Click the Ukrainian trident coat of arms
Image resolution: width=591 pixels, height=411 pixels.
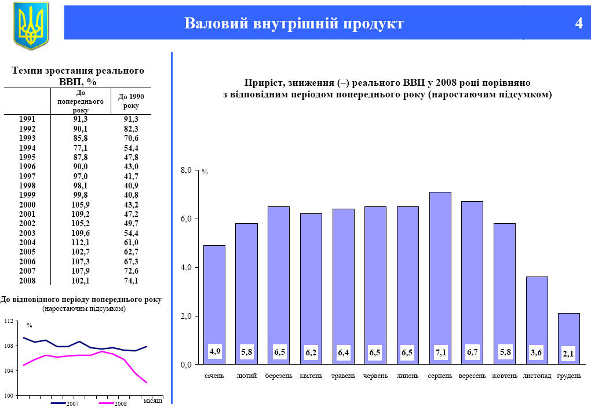[31, 25]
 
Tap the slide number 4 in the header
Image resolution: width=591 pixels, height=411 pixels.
[578, 24]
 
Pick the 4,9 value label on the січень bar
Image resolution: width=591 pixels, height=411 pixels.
[215, 351]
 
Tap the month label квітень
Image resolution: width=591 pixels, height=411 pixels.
[311, 376]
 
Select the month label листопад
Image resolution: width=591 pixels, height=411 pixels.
[537, 376]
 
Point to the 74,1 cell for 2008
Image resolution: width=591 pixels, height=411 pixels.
[131, 281]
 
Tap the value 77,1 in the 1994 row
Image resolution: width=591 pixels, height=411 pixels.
[81, 148]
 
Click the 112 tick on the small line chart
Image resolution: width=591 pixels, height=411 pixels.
[9, 321]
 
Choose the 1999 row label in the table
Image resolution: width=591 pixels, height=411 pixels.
[27, 195]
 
